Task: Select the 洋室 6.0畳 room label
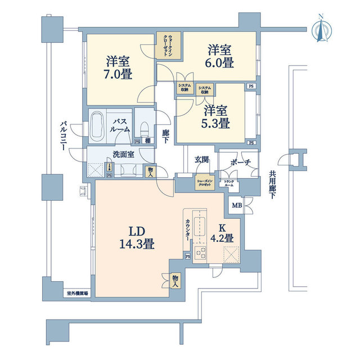click(219, 56)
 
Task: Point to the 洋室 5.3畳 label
click(216, 116)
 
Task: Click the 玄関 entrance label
click(202, 160)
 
